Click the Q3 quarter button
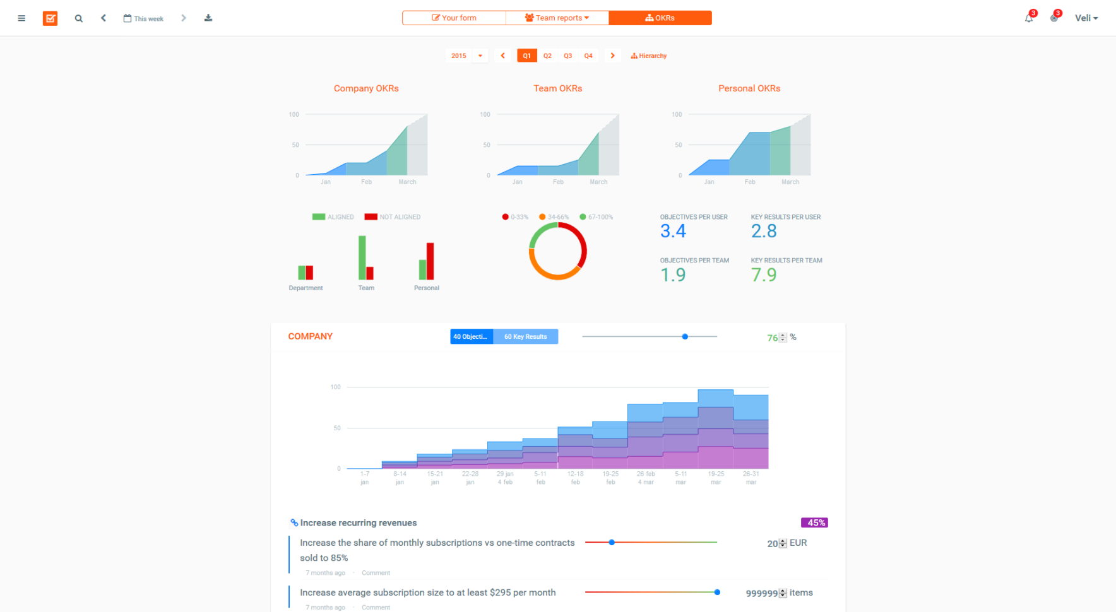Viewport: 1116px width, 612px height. pos(567,56)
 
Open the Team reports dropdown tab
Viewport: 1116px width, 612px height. pos(557,18)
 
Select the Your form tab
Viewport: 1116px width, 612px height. pos(454,18)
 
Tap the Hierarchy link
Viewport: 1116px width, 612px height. pos(649,56)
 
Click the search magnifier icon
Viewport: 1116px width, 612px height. pos(79,18)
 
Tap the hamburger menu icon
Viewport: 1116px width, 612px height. pos(21,18)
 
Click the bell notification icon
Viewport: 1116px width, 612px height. pos(1029,18)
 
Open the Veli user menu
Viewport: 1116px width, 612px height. pos(1086,18)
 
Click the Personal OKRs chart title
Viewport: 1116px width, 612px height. pos(749,88)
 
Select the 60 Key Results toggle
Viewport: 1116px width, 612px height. pos(525,336)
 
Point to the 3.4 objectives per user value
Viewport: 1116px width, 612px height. pos(673,232)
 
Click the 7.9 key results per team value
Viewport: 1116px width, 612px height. pos(764,275)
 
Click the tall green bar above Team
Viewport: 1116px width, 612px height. pos(362,257)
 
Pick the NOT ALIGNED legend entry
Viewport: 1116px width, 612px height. pos(393,217)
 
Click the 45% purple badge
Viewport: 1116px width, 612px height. pos(814,522)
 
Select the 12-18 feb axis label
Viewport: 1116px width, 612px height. pos(575,478)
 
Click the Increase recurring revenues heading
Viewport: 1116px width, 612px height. pos(358,522)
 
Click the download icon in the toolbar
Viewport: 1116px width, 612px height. pos(208,18)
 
